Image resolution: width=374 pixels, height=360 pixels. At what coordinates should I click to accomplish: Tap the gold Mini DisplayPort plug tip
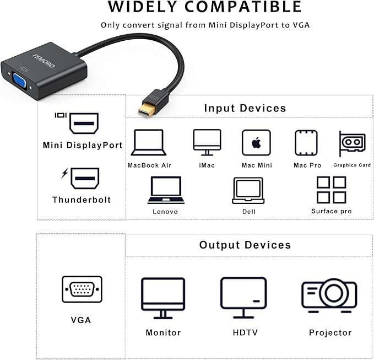coord(145,109)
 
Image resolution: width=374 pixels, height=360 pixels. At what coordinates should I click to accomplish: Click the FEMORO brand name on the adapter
coord(44,61)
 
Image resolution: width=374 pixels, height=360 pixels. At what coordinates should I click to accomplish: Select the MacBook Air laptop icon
coord(149,143)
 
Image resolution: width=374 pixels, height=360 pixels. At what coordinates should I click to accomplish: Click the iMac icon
coord(207,143)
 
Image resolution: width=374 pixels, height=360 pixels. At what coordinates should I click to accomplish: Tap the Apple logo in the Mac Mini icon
coord(257,143)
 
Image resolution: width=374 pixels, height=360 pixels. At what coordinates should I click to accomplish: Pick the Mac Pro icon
coord(306,143)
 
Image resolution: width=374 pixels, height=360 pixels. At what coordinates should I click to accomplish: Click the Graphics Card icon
coord(353,144)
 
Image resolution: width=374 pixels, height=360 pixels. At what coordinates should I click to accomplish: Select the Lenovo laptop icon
coord(166,190)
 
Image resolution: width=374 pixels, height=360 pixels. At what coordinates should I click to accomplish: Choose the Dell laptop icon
coord(248,191)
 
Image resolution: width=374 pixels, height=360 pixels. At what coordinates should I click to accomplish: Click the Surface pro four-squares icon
coord(331,190)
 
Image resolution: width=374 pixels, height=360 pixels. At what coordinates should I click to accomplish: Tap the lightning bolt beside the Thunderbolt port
coord(64,173)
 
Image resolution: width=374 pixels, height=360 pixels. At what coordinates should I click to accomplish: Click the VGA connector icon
coord(82,289)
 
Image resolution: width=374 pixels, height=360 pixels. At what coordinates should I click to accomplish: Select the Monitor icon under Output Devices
coord(163,298)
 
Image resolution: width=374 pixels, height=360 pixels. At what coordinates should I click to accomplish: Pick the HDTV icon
coord(243,298)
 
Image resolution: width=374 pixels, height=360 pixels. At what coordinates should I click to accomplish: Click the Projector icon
coord(329,295)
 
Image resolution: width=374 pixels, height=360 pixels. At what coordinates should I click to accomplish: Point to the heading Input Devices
coord(245,109)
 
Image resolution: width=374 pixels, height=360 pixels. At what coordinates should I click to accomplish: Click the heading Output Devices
coord(245,245)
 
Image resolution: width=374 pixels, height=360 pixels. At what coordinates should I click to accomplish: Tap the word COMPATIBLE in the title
coord(243,7)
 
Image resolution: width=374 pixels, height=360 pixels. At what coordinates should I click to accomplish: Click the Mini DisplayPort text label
coord(83,145)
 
